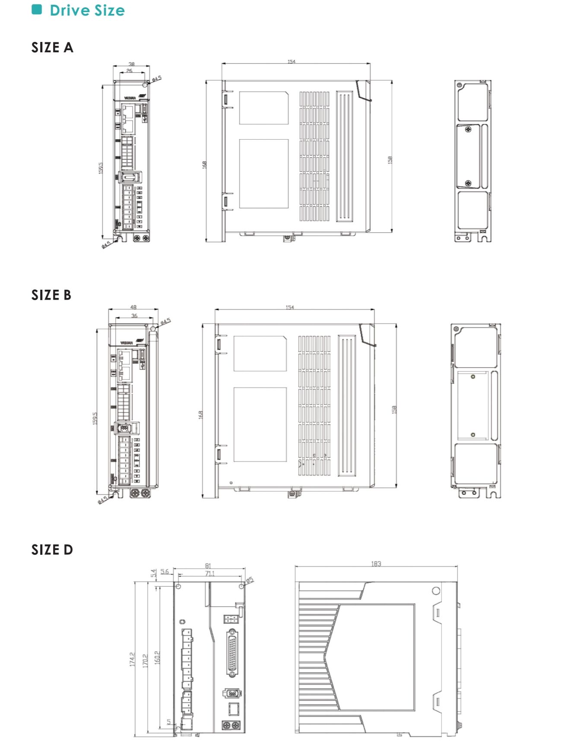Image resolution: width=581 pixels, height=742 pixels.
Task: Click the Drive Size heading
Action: coord(87,10)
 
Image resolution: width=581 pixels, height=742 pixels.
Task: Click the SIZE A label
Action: coord(52,48)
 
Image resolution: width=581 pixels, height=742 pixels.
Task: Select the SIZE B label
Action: coord(51,295)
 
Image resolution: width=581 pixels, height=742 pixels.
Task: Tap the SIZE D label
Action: coord(52,550)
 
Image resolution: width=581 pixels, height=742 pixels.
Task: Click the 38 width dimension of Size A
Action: coord(132,64)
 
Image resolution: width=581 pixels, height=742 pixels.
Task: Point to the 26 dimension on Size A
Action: coord(129,70)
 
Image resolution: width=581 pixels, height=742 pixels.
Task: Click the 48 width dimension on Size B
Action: coord(133,307)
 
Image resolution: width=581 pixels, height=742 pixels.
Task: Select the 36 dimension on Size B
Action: coord(134,316)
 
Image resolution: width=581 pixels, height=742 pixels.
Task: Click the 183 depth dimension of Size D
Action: coord(376,564)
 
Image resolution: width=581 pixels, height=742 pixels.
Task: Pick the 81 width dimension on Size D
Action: coord(208,566)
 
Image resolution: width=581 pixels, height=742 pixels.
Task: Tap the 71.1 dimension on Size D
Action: coord(210,573)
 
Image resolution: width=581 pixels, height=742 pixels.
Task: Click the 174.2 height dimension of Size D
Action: coord(132,659)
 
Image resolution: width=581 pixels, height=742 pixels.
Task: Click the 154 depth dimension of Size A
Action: coord(292,62)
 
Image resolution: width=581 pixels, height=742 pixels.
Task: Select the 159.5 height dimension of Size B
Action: coord(95,418)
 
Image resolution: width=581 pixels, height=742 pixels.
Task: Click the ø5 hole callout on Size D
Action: coord(250,580)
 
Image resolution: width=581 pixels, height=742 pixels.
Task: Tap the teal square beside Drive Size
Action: coord(37,10)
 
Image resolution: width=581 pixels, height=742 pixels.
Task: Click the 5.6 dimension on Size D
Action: coord(165,572)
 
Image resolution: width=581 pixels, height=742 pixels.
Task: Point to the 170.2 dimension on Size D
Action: coord(145,659)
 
